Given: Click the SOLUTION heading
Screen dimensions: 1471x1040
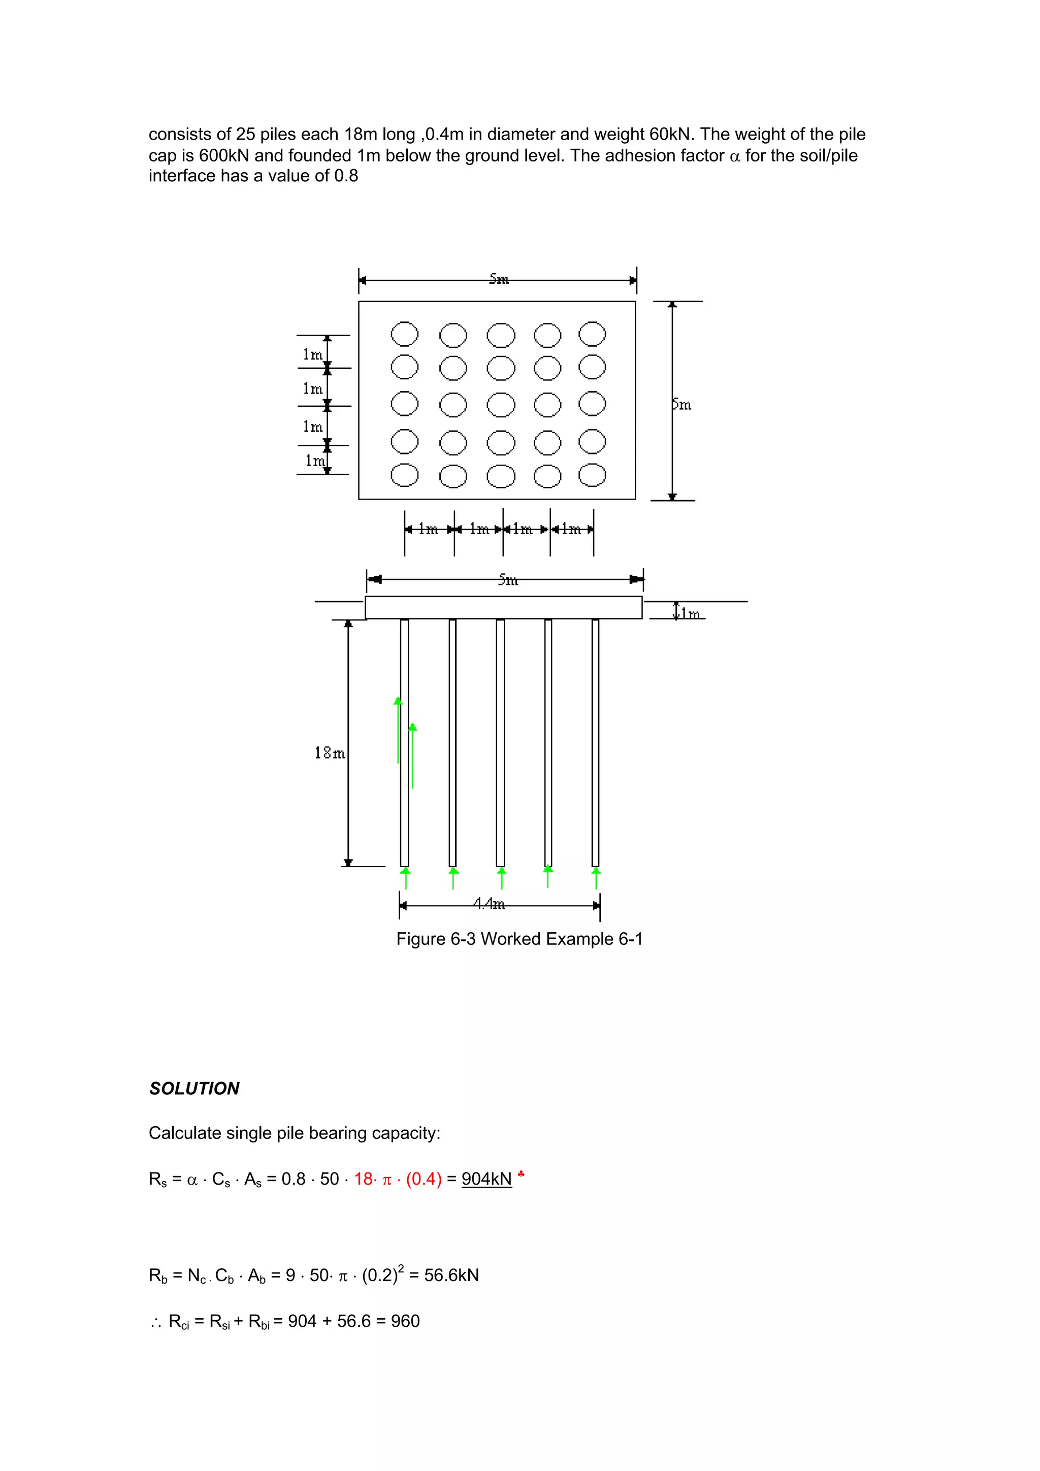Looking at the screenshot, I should point(193,1089).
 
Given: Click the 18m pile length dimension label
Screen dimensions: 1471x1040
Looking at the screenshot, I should point(330,753).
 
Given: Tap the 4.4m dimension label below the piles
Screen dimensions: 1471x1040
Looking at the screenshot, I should point(489,903).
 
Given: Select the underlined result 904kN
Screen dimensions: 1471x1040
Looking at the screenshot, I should point(486,1179).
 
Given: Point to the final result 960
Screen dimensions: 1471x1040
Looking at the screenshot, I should point(405,1321).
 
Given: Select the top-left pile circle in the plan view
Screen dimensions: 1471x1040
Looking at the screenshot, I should point(404,334).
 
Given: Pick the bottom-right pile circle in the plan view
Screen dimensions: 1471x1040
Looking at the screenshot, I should point(592,475).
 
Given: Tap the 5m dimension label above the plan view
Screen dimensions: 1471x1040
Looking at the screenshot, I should point(499,279).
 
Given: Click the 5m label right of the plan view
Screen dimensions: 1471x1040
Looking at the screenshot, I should point(682,404).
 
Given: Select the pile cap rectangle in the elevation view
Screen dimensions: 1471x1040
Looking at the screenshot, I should point(503,607).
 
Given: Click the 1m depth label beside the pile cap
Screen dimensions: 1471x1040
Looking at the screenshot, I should point(690,613).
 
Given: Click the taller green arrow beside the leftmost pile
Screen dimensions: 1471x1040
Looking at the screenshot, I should point(398,730).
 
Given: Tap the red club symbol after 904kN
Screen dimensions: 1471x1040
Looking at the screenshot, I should point(522,1174).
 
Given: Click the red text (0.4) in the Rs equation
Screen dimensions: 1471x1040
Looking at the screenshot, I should point(424,1179).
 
